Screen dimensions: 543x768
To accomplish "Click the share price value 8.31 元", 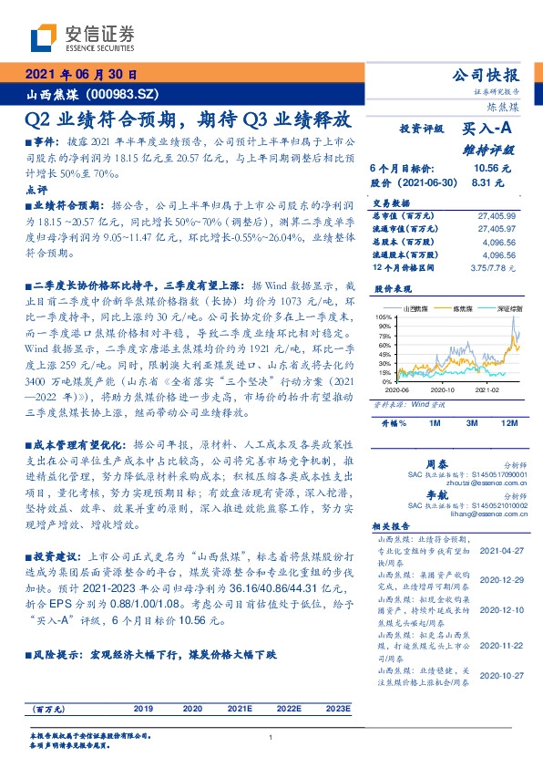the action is pos(487,182).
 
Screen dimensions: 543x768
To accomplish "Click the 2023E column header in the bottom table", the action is pos(337,708).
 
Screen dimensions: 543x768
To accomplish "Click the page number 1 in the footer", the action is pos(271,737).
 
